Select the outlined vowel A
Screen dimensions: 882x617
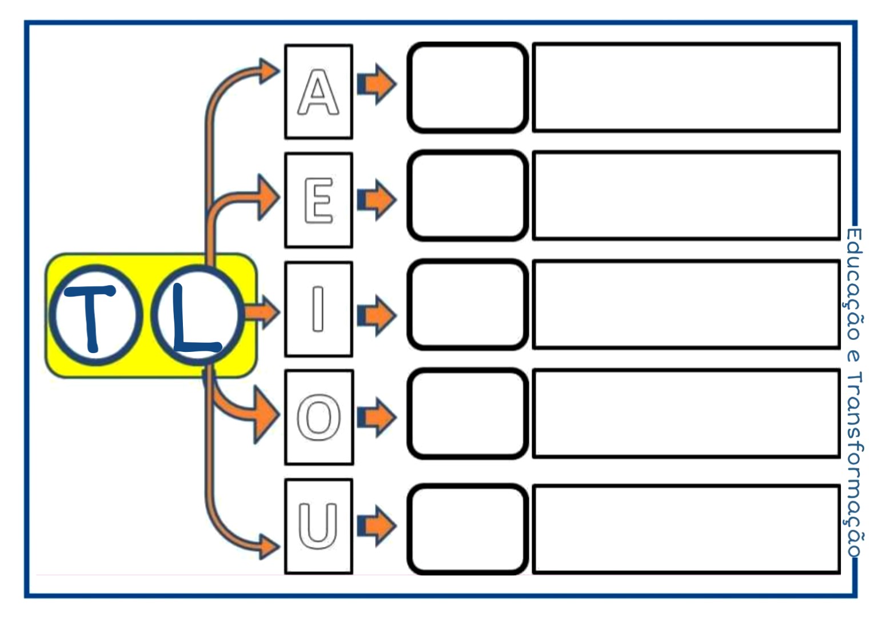(x=318, y=92)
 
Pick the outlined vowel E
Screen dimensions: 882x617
(x=318, y=200)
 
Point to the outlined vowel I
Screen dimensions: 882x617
(x=318, y=309)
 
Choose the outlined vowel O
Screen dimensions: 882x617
(x=318, y=417)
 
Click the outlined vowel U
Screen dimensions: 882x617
(x=318, y=526)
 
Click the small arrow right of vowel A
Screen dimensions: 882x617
(x=377, y=84)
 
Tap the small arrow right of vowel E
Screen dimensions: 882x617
(x=377, y=200)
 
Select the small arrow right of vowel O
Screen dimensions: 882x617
(x=377, y=417)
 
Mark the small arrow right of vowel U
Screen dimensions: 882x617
(x=377, y=526)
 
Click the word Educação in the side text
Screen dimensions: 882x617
(x=853, y=284)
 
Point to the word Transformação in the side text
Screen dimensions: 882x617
(x=853, y=465)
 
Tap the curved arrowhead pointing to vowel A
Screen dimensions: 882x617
(x=269, y=71)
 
